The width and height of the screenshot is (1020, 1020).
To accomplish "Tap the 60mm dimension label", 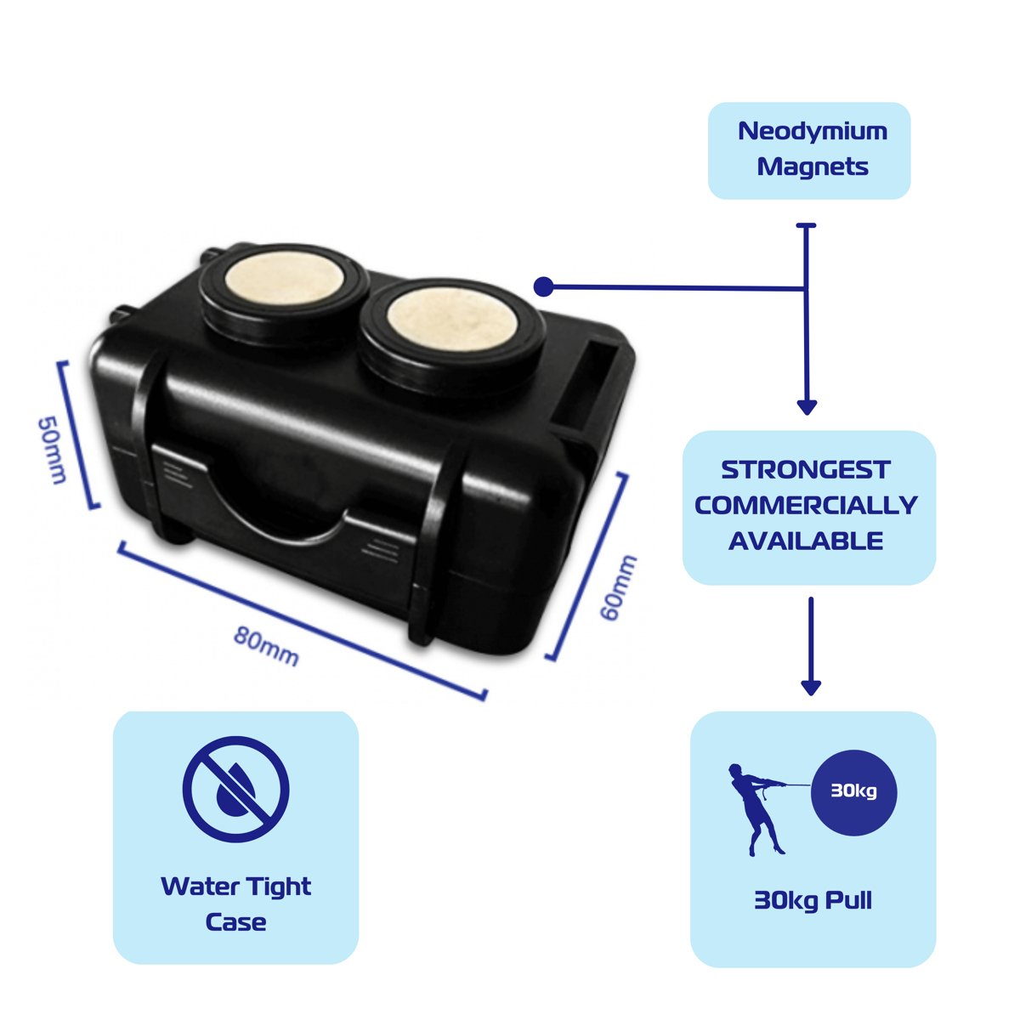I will [618, 587].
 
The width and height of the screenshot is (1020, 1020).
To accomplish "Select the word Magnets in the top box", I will [813, 167].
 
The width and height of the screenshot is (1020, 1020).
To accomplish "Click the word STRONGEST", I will [805, 470].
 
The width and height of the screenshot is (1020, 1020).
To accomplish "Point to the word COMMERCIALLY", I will [806, 505].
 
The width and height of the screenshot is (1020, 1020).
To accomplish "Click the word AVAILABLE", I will [806, 541].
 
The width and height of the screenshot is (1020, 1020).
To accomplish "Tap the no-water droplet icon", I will [235, 789].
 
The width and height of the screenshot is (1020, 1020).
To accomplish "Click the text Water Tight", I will [235, 887].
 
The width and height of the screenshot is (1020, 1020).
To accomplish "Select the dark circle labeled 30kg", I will [853, 792].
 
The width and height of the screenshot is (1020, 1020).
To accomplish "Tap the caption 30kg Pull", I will [813, 900].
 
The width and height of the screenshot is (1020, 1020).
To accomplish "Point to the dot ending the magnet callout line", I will [544, 287].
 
